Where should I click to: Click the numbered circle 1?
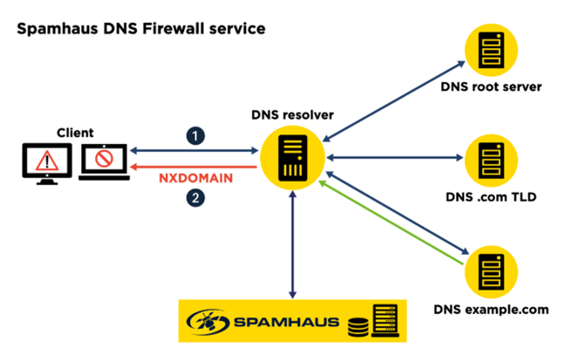pyautogui.click(x=195, y=136)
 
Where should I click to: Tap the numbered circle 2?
pyautogui.click(x=195, y=198)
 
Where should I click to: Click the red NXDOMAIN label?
pyautogui.click(x=195, y=178)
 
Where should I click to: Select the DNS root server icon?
pyautogui.click(x=491, y=50)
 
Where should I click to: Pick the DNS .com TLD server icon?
pyautogui.click(x=491, y=161)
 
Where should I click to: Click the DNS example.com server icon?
pyautogui.click(x=491, y=272)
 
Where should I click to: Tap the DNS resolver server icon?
pyautogui.click(x=293, y=158)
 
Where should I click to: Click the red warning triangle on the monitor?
pyautogui.click(x=47, y=161)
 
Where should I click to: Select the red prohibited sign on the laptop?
pyautogui.click(x=104, y=159)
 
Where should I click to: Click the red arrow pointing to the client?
pyautogui.click(x=193, y=167)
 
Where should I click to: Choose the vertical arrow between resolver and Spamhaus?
pyautogui.click(x=293, y=245)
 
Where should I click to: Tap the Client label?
pyautogui.click(x=75, y=133)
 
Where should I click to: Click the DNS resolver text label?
pyautogui.click(x=292, y=115)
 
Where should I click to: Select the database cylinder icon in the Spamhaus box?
pyautogui.click(x=358, y=327)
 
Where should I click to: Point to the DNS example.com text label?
pyautogui.click(x=491, y=310)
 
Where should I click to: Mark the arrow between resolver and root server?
pyautogui.click(x=393, y=101)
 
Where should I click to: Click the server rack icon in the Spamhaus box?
pyautogui.click(x=385, y=320)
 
